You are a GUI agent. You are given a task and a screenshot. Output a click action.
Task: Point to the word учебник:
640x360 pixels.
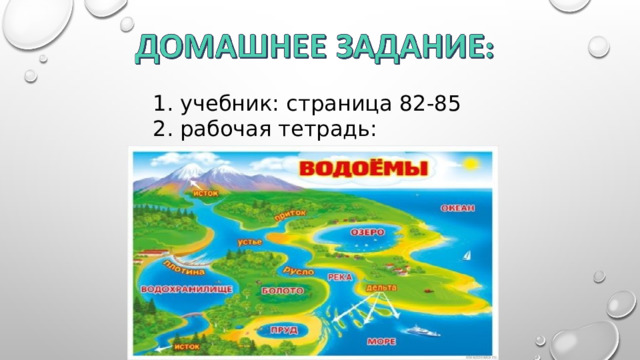227,103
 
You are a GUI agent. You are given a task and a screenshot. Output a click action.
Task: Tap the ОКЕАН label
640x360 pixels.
457,208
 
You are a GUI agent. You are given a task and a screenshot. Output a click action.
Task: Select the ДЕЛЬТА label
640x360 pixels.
380,288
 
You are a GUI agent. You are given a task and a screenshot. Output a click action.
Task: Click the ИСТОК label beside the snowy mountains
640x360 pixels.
204,192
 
